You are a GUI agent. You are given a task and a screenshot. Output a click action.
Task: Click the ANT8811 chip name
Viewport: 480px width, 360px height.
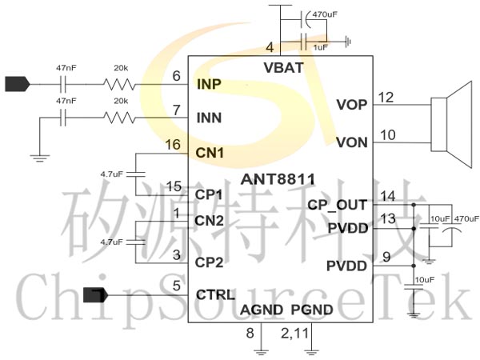(x=278, y=179)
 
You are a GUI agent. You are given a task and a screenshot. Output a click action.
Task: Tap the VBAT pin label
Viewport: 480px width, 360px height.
(x=283, y=68)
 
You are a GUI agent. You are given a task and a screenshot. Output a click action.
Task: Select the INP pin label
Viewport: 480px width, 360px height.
(x=209, y=84)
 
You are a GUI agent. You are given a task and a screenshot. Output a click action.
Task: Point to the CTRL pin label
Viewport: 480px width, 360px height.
(x=215, y=294)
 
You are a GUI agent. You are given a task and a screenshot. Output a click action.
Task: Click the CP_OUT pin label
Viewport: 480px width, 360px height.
(x=337, y=206)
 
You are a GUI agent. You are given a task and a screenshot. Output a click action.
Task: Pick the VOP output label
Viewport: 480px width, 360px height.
(x=352, y=105)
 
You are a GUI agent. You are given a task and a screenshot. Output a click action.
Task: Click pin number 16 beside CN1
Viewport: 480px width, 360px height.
(x=173, y=145)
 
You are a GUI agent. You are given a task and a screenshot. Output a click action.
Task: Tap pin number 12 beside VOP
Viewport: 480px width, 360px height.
(x=386, y=98)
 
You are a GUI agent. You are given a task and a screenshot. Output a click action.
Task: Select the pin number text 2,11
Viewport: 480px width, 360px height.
(x=294, y=334)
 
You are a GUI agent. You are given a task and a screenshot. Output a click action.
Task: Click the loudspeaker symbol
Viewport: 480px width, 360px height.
(x=451, y=124)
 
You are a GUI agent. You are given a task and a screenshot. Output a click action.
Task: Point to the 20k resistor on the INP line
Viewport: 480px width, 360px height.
(x=119, y=85)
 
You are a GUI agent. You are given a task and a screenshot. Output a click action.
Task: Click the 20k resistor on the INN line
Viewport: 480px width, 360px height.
(x=119, y=118)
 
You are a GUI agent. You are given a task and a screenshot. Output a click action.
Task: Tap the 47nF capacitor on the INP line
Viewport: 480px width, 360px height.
(x=63, y=84)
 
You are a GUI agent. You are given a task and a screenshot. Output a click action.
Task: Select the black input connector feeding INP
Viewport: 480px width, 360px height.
(x=18, y=84)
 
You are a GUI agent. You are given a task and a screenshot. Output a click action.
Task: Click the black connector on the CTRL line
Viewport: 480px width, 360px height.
(x=96, y=295)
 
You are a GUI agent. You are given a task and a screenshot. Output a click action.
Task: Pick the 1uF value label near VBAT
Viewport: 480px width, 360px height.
(x=321, y=47)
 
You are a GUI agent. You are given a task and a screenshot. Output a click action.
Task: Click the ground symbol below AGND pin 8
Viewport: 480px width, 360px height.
(x=261, y=352)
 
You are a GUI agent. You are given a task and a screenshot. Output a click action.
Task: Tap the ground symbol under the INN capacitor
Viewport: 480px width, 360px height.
(x=40, y=158)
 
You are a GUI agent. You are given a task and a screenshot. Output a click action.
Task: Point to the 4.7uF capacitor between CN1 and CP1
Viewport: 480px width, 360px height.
(x=136, y=174)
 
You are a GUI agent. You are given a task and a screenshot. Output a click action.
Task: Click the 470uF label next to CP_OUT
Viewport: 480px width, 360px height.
(x=466, y=218)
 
